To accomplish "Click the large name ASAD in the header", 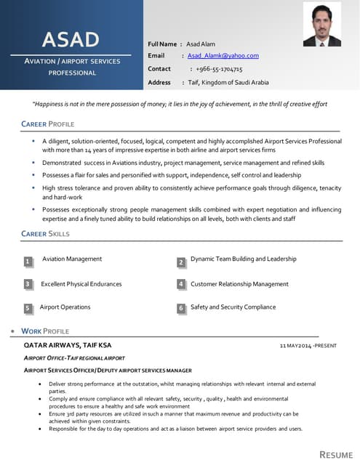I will [71, 39].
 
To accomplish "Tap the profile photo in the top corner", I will [321, 25].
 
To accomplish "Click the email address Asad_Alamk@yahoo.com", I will [223, 56].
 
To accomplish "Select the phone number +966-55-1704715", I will [219, 69].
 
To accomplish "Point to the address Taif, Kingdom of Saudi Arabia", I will [228, 82].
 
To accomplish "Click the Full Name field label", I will [162, 44].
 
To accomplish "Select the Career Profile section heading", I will [48, 124].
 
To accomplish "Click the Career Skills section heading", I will [46, 233].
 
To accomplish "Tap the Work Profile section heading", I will [45, 331].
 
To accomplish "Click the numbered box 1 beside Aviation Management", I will [27, 261].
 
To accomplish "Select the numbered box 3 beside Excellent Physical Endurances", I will [27, 285].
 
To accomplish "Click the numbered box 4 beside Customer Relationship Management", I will [181, 285].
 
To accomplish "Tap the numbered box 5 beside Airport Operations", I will [27, 308].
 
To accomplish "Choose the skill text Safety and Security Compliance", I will [233, 307].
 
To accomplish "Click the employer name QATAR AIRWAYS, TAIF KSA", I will [68, 344].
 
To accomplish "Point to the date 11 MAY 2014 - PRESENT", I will [308, 345].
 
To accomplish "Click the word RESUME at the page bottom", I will [336, 454].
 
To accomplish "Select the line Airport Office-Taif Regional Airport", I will [74, 358].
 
